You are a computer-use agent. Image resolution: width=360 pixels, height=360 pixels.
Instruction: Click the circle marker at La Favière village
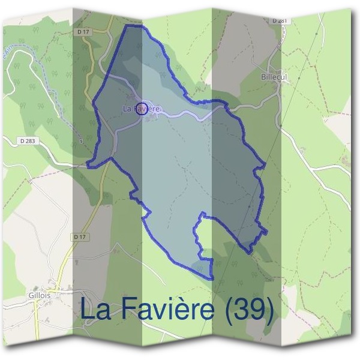pyautogui.click(x=142, y=108)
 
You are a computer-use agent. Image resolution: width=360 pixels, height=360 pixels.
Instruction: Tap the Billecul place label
pyautogui.click(x=274, y=77)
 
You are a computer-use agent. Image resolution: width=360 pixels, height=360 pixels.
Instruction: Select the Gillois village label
pyautogui.click(x=40, y=296)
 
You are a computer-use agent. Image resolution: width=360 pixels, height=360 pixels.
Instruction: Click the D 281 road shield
pyautogui.click(x=280, y=20)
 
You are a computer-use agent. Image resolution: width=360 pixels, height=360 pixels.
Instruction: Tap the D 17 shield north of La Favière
pyautogui.click(x=83, y=31)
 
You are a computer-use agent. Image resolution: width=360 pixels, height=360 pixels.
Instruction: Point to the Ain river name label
pyautogui.click(x=8, y=53)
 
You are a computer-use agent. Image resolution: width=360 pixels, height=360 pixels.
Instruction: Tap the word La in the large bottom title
pyautogui.click(x=96, y=310)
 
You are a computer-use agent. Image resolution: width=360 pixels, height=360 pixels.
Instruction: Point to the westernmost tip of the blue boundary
pyautogui.click(x=88, y=163)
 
